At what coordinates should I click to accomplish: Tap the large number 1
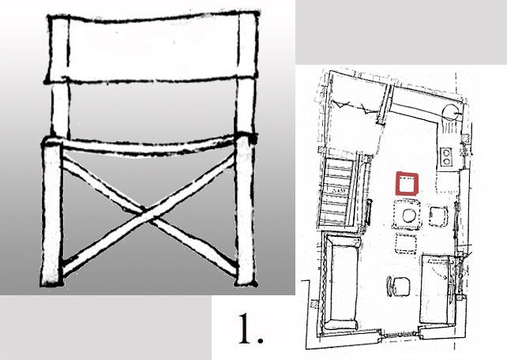click(250, 328)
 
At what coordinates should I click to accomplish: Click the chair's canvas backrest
click(152, 47)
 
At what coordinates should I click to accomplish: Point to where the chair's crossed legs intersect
click(146, 214)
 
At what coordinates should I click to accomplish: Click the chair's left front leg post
click(52, 214)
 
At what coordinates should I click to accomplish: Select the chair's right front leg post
click(246, 210)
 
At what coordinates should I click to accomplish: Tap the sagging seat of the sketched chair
click(148, 146)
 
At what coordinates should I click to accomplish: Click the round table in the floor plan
click(409, 216)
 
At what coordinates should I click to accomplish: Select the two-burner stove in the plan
click(446, 156)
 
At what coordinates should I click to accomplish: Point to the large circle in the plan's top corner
click(450, 113)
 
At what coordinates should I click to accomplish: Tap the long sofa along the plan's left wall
click(342, 282)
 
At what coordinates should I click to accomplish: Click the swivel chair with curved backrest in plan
click(398, 286)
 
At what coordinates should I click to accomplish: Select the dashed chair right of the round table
click(438, 216)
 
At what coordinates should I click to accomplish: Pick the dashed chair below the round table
click(405, 243)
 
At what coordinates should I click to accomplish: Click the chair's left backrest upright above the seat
click(61, 109)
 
